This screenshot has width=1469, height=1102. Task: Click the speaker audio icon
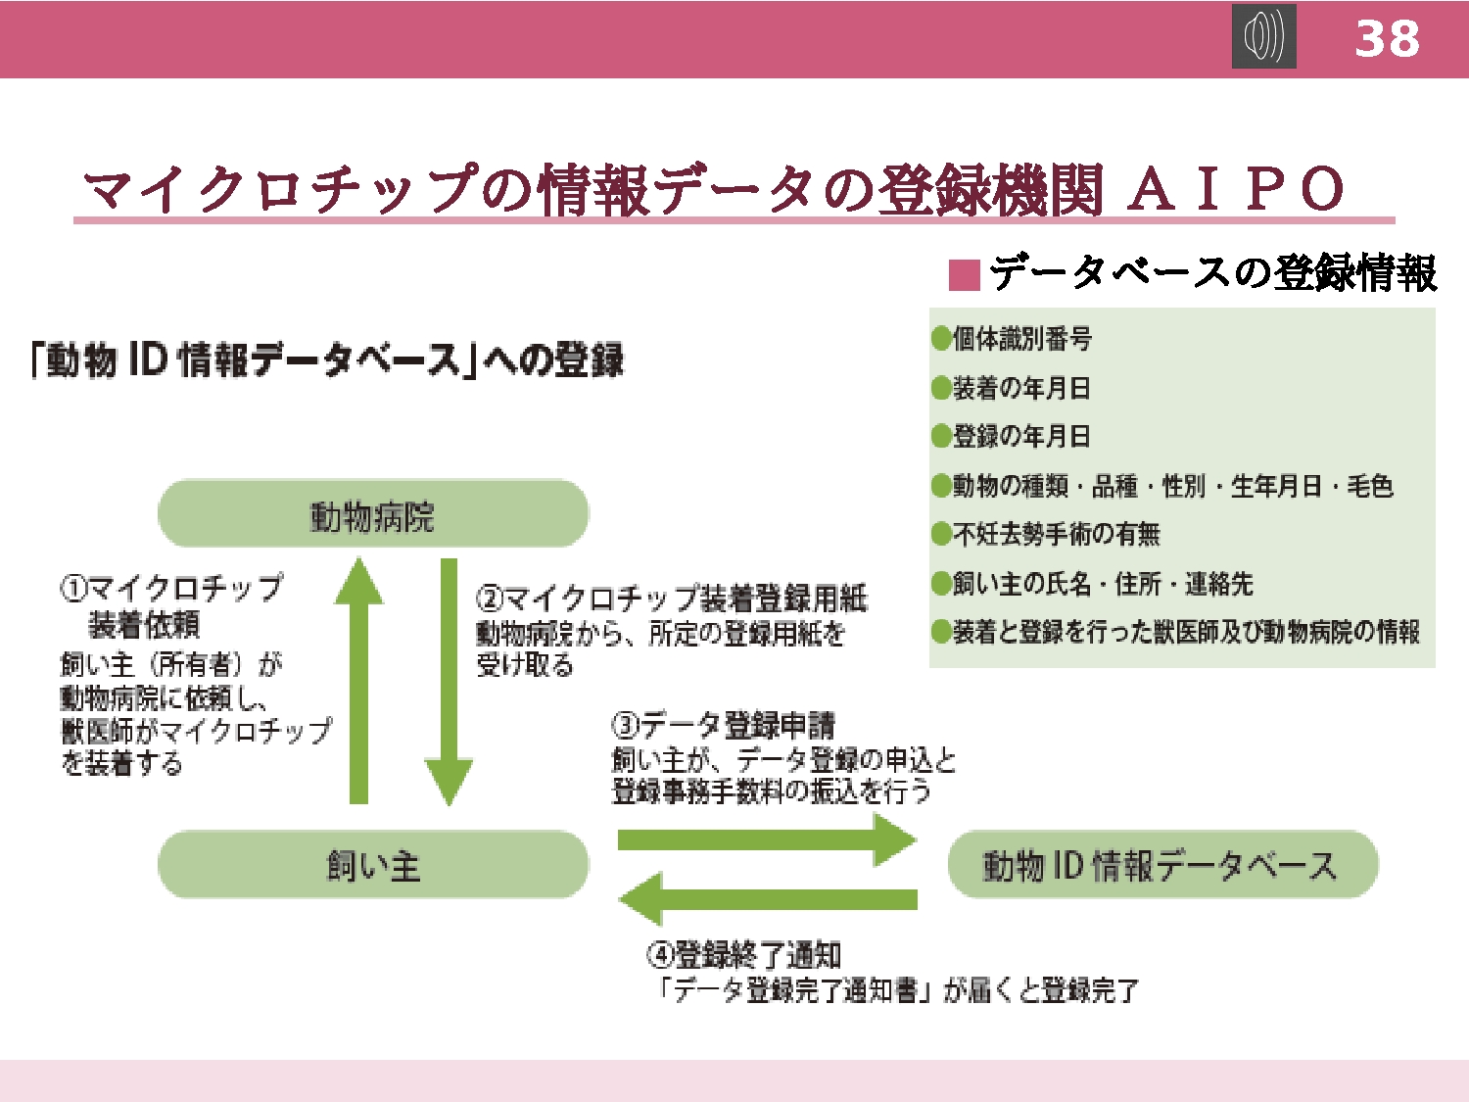(1263, 36)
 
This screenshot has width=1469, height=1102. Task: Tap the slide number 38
(1387, 39)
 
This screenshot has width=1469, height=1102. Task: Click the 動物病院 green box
(373, 514)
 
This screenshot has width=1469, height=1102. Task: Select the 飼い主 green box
(373, 865)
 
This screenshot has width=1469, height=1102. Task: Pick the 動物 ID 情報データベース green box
(1162, 865)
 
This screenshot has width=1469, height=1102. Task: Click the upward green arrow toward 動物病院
(358, 681)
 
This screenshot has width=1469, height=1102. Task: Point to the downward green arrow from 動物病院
(449, 682)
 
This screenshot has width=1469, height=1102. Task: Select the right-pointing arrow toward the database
(767, 839)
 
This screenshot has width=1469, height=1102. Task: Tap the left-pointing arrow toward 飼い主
(767, 898)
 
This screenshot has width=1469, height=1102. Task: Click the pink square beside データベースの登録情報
(965, 275)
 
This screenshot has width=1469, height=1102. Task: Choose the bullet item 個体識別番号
(1012, 339)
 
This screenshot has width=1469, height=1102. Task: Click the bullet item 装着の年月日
(1011, 388)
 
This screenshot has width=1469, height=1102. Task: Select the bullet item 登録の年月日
(1011, 436)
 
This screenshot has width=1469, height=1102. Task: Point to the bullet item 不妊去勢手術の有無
(1045, 534)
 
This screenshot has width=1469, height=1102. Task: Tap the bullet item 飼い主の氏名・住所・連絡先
(1092, 584)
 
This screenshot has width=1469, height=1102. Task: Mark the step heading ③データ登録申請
(723, 725)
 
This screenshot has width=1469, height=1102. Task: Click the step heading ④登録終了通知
(743, 955)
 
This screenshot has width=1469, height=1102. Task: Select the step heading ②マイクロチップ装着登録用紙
(671, 599)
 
